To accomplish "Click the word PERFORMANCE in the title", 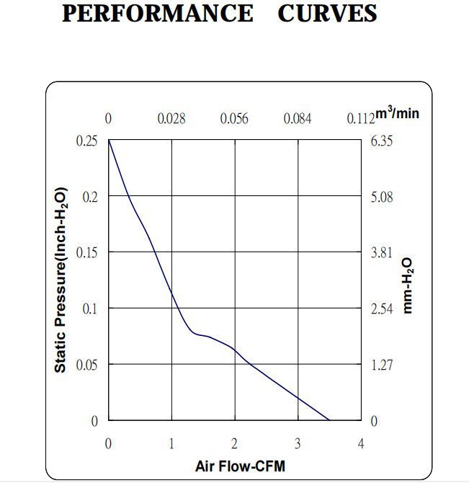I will (157, 14).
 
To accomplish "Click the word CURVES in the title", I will (327, 14).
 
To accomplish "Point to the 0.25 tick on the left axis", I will (86, 141).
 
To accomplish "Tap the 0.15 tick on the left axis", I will (86, 252).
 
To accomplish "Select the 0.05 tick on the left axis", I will (86, 365).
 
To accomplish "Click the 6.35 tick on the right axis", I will (381, 141).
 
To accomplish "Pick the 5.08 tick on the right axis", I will (381, 197).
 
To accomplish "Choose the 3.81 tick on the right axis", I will (381, 252).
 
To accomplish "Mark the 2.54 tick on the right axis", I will (381, 309).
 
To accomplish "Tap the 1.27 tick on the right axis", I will (381, 365).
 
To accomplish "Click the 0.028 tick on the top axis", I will (171, 118).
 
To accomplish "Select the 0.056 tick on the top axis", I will (234, 118).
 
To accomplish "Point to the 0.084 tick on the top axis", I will (298, 118).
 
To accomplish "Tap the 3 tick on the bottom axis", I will (298, 442).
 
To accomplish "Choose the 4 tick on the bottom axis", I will (361, 442).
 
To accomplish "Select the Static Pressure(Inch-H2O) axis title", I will (62, 280).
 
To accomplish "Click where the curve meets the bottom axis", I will (329, 420).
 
